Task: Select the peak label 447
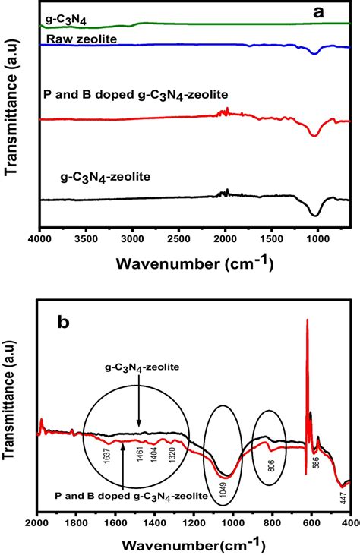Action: tap(343, 497)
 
